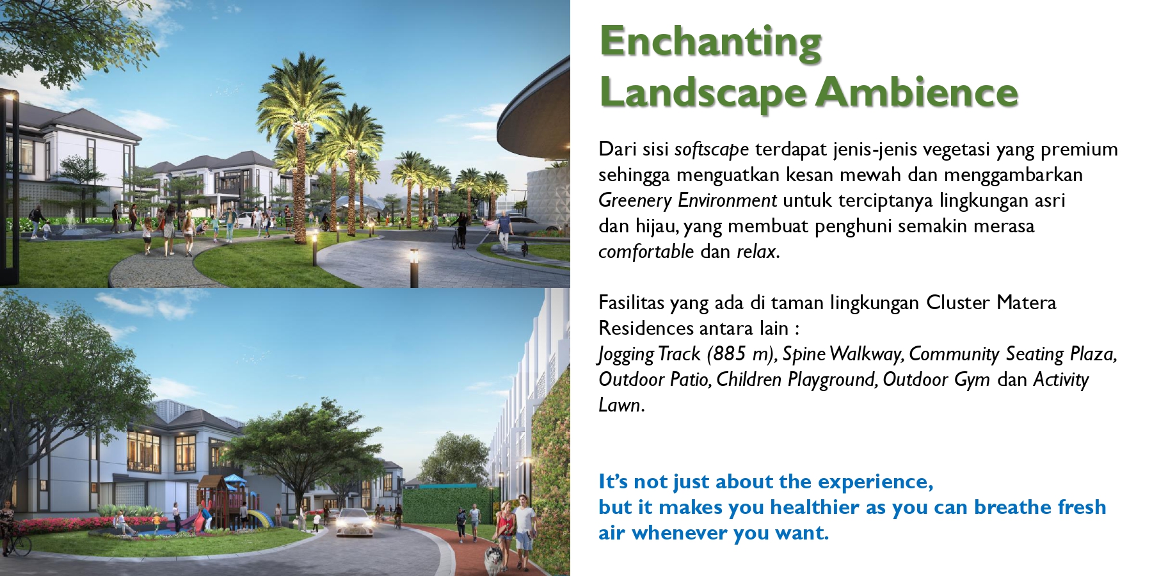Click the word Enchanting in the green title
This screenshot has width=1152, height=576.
pos(710,42)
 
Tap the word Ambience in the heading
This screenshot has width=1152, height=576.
pos(916,92)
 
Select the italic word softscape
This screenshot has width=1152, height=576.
pos(712,149)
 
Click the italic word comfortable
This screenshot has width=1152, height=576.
pos(646,252)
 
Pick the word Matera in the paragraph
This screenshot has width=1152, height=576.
pos(1026,302)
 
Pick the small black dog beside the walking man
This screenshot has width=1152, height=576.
pos(525,246)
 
